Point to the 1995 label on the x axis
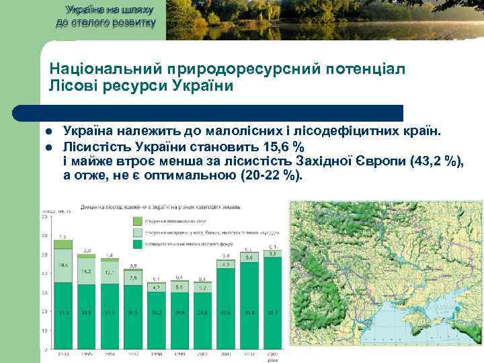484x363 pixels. [x=87, y=354]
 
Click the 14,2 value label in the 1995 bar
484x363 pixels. [x=87, y=272]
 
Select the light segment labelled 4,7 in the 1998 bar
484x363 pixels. [x=157, y=287]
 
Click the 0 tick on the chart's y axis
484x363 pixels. [x=45, y=349]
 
